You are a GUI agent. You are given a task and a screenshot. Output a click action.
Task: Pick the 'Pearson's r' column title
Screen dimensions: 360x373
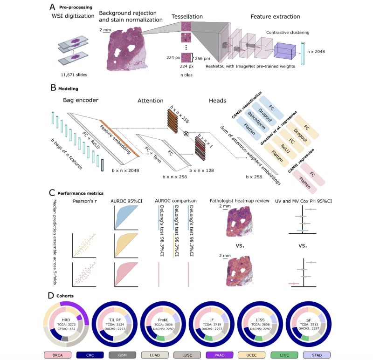(85, 202)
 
